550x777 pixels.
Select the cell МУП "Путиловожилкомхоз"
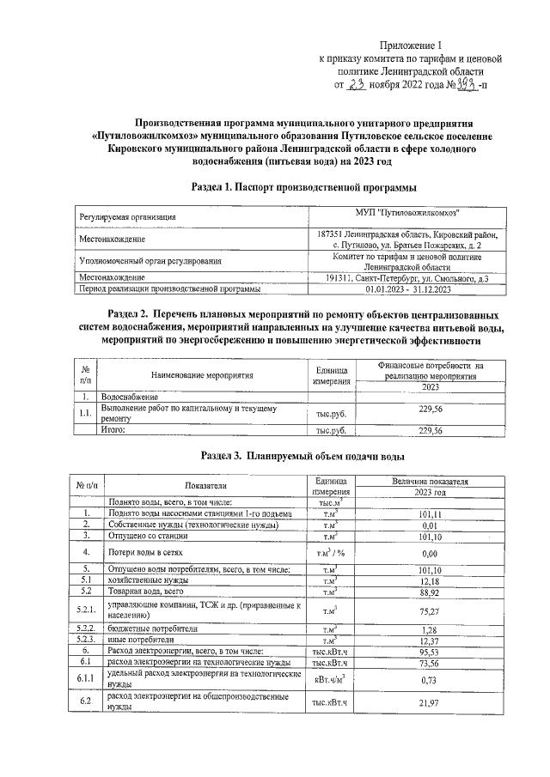click(x=407, y=213)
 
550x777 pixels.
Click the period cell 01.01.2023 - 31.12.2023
click(x=407, y=289)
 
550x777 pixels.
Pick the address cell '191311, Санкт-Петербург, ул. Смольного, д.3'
click(x=407, y=277)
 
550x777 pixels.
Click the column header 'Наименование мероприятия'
click(x=203, y=375)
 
